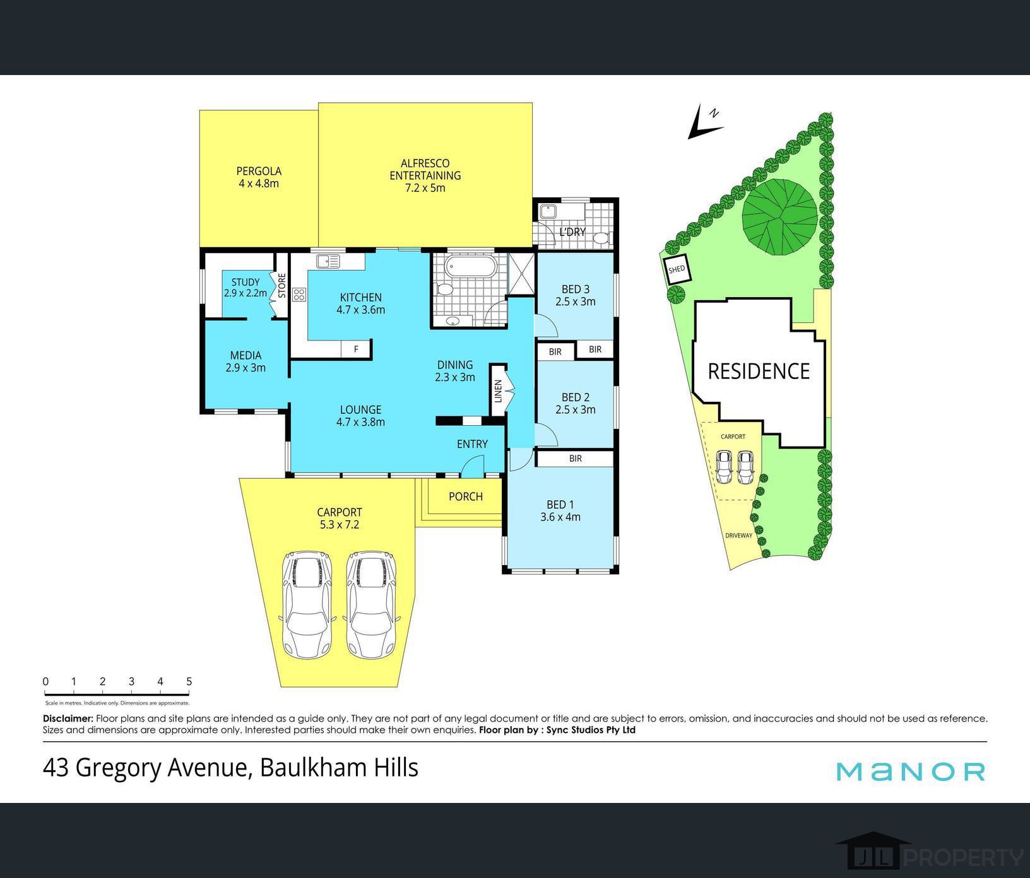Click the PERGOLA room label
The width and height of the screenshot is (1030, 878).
pos(259,171)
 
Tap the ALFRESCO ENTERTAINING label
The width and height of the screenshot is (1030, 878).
pos(425,169)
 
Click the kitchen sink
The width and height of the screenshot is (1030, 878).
pos(328,260)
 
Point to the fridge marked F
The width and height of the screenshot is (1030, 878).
pos(356,349)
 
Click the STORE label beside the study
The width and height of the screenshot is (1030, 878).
pos(282,286)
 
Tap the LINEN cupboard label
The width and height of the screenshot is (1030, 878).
pos(498,391)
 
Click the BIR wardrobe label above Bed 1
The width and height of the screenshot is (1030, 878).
pos(575,459)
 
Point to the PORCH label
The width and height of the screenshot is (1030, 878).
pos(466,497)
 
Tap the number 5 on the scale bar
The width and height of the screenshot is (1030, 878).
pos(189,681)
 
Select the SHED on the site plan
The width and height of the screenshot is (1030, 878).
pos(677,270)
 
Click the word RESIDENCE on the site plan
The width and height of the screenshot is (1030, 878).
pos(759,372)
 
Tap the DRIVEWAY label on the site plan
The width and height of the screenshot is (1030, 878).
pos(738,536)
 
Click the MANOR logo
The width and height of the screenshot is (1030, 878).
pos(910,771)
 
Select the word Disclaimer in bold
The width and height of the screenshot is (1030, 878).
pos(68,718)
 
